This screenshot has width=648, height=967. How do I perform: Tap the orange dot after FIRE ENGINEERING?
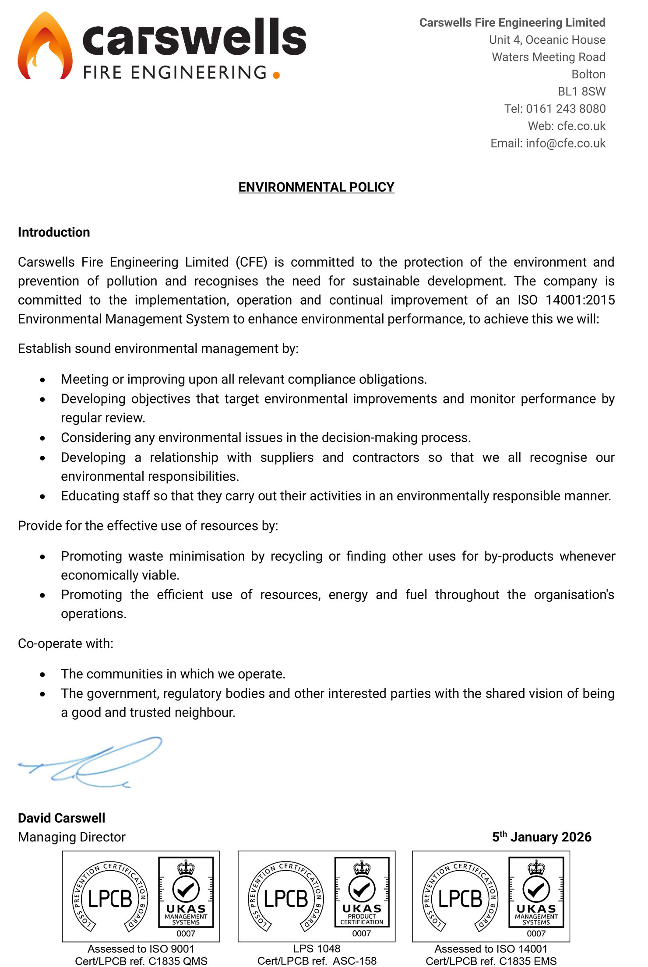[x=276, y=75]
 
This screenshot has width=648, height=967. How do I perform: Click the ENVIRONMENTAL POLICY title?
[x=316, y=187]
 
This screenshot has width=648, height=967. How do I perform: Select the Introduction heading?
[x=54, y=232]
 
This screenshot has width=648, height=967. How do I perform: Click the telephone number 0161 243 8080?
[x=566, y=109]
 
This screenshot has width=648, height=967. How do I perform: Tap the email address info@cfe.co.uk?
[x=565, y=143]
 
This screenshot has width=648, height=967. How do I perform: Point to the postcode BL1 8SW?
[x=581, y=91]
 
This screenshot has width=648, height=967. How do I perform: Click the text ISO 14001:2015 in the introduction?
[x=566, y=300]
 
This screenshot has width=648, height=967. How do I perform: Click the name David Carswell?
[x=62, y=818]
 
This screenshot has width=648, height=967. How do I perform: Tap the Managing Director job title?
[x=72, y=837]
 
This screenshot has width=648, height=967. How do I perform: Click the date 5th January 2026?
[x=542, y=837]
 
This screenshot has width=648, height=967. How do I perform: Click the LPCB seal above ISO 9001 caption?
[x=110, y=897]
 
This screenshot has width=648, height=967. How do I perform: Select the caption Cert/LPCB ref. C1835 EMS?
[x=491, y=961]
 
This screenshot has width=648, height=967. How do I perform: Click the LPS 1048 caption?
[x=317, y=948]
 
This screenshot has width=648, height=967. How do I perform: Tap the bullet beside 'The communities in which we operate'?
[x=42, y=675]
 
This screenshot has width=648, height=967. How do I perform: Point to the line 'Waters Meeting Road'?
[x=549, y=57]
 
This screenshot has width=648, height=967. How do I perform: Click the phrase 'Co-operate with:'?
[x=66, y=643]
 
